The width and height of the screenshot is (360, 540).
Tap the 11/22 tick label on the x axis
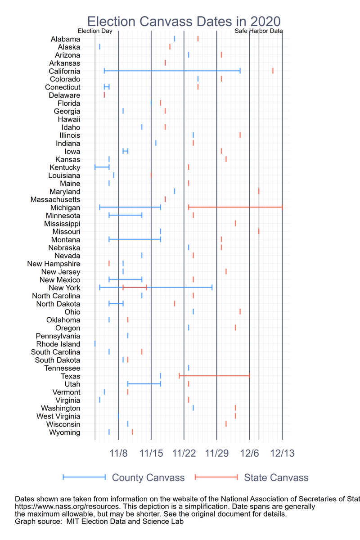pyautogui.click(x=184, y=453)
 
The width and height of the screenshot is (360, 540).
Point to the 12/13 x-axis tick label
pyautogui.click(x=282, y=453)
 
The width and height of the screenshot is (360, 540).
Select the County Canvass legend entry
pyautogui.click(x=148, y=477)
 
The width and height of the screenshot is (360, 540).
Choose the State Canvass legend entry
pyautogui.click(x=276, y=477)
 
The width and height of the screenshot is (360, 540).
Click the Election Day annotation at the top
pyautogui.click(x=95, y=31)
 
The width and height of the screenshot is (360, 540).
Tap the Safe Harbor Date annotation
pyautogui.click(x=259, y=31)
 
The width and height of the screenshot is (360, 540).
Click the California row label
pyautogui.click(x=64, y=71)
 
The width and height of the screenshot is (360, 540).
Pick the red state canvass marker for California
pyautogui.click(x=273, y=71)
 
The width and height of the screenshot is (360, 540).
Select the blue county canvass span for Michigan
pyautogui.click(x=130, y=207)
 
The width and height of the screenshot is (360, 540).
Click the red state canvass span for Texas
pyautogui.click(x=214, y=376)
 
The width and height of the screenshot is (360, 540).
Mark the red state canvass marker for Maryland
pyautogui.click(x=259, y=191)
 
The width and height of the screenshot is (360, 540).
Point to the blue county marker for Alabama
pyautogui.click(x=175, y=39)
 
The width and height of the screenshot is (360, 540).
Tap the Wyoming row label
pyautogui.click(x=65, y=432)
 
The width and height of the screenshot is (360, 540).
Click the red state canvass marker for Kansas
pyautogui.click(x=226, y=159)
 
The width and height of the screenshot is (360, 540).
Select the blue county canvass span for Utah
pyautogui.click(x=144, y=384)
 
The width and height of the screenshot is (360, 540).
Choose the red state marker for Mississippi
pyautogui.click(x=235, y=223)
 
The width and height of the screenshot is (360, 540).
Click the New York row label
pyautogui.click(x=64, y=288)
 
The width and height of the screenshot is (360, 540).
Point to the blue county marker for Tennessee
pyautogui.click(x=189, y=368)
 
